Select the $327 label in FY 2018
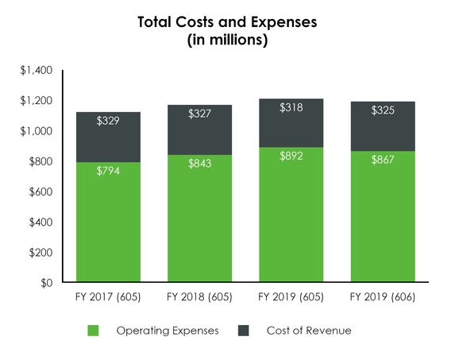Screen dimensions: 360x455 pos(199,114)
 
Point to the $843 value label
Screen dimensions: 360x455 pos(199,164)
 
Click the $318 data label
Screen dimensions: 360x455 pos(291,107)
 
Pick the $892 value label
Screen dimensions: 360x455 pos(291,157)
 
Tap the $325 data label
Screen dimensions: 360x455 pos(383,110)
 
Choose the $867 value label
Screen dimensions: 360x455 pos(383,160)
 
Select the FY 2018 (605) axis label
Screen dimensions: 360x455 pos(199,298)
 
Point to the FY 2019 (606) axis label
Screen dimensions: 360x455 pos(383,298)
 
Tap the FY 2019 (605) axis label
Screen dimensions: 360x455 pos(291,298)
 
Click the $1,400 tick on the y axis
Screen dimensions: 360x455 pos(36,71)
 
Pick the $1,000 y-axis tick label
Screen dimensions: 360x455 pos(36,131)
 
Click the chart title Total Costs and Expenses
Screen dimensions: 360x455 pos(227,23)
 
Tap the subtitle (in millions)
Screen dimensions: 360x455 pos(227,41)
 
